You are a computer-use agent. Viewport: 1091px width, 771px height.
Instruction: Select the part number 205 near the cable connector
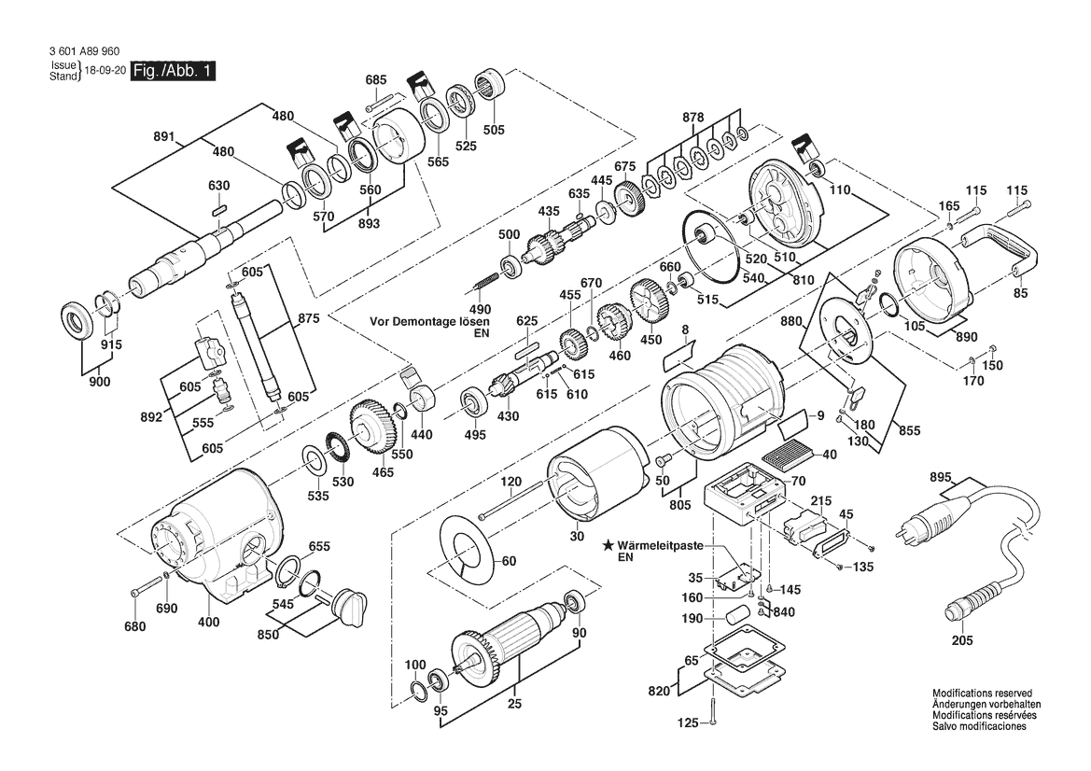[962, 640]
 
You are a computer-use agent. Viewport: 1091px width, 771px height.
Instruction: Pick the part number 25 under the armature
[514, 705]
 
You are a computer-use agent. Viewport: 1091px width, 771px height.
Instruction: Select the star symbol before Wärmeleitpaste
[608, 544]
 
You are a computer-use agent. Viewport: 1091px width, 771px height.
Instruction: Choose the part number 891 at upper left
[164, 136]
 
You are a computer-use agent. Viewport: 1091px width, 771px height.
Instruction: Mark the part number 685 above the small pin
[376, 80]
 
